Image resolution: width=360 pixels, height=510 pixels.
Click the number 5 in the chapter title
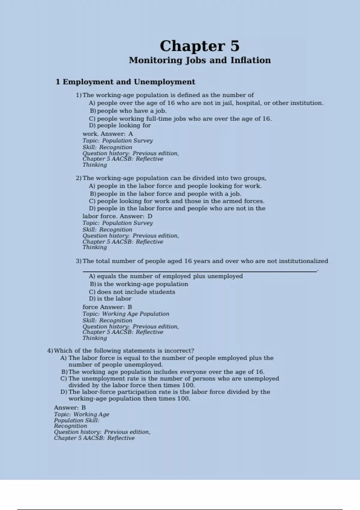pos(235,46)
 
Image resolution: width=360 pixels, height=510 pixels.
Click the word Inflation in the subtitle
pos(250,60)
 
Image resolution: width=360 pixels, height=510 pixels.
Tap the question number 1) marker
pos(79,95)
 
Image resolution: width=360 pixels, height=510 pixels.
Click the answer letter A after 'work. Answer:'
pos(130,134)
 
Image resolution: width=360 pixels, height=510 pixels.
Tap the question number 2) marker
pos(79,178)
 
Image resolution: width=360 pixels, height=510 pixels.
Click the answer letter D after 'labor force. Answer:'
pos(150,216)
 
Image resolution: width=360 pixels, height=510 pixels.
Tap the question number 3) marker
pos(79,261)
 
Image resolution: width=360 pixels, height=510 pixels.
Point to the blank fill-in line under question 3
pos(199,271)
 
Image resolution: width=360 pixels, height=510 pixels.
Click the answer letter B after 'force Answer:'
pos(130,307)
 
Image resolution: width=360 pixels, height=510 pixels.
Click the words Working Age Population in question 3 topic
pos(136,314)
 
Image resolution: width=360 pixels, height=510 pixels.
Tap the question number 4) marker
pos(50,351)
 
